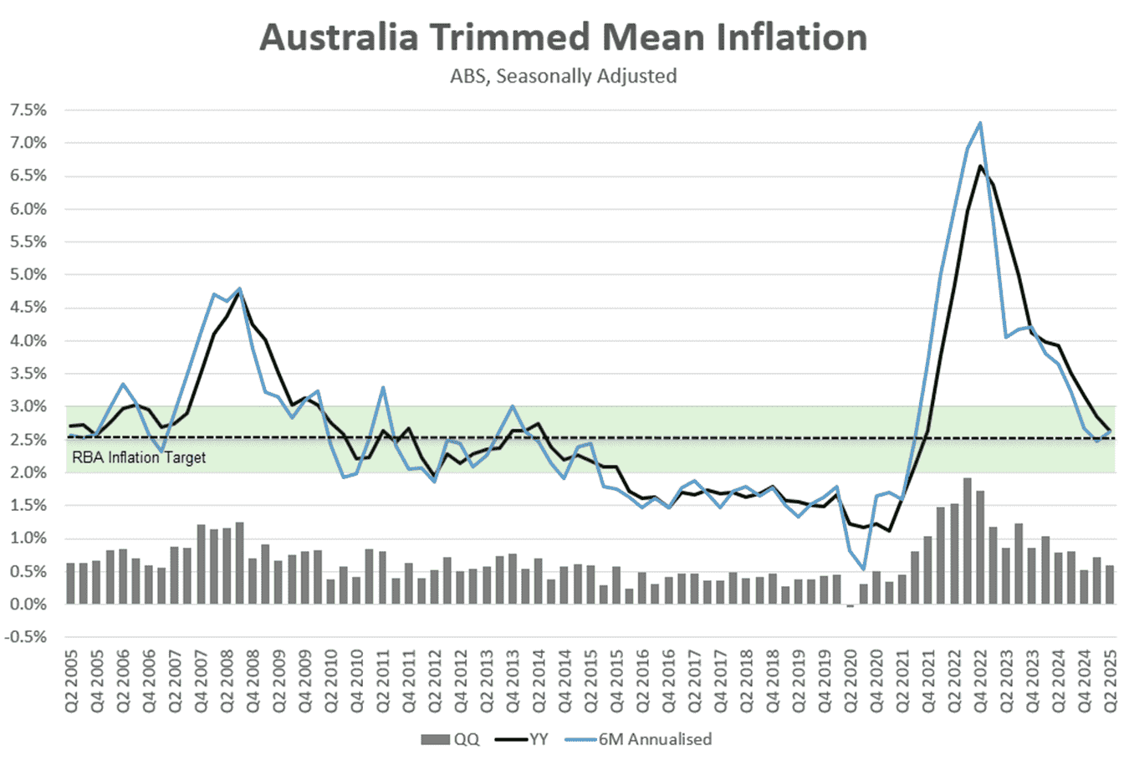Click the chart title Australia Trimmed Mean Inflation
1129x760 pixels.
pyautogui.click(x=563, y=38)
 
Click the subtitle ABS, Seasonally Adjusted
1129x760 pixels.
pyautogui.click(x=563, y=76)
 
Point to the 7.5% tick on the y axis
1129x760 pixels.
pyautogui.click(x=28, y=110)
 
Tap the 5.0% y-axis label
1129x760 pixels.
pyautogui.click(x=28, y=275)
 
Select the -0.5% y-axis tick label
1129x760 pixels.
pyautogui.click(x=26, y=637)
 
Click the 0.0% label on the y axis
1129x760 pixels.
pyautogui.click(x=28, y=604)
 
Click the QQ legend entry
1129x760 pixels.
pyautogui.click(x=451, y=739)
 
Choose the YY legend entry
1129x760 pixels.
pyautogui.click(x=523, y=739)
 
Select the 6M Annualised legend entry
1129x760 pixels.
pyautogui.click(x=640, y=739)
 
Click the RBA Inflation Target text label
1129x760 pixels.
pyautogui.click(x=139, y=457)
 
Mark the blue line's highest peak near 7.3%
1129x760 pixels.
pyautogui.click(x=980, y=123)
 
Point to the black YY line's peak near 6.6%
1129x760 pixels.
pyautogui.click(x=980, y=166)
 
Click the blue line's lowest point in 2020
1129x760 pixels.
pyautogui.click(x=863, y=569)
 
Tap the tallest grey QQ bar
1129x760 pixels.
pyautogui.click(x=968, y=541)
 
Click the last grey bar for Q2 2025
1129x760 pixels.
pyautogui.click(x=1111, y=584)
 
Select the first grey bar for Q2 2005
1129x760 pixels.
pyautogui.click(x=71, y=584)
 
